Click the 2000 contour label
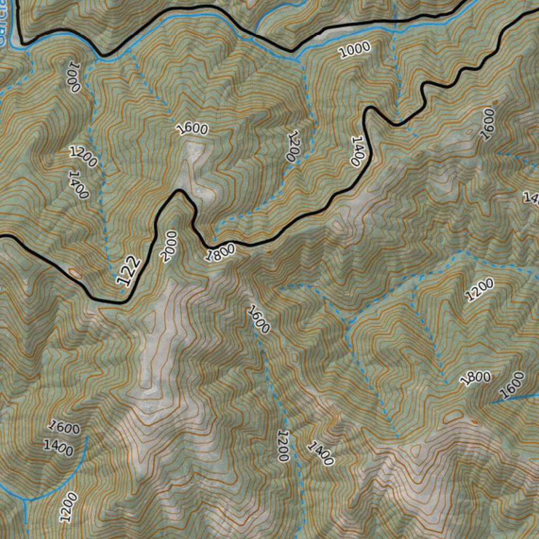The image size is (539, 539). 168,246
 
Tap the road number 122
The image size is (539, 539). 128,272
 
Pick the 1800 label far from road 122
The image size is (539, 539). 475,378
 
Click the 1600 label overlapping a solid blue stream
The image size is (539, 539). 512,385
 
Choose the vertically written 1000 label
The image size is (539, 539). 73,77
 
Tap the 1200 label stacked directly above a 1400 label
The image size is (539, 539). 83,157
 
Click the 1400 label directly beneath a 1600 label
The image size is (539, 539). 58,447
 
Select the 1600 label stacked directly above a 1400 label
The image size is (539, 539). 64,427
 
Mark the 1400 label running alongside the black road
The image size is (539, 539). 357,151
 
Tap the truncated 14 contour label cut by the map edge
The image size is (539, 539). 531,198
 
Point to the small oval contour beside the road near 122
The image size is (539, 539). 75,273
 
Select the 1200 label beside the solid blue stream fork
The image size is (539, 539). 68,507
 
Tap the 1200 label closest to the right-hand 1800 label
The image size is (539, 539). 480,290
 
